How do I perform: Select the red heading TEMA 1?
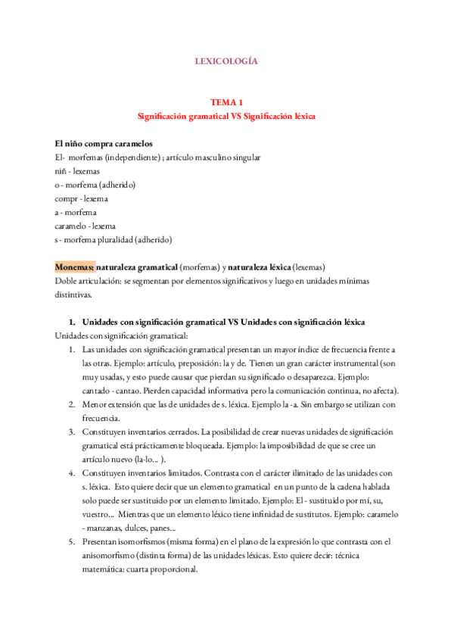(226, 102)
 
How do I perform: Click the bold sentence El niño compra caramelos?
(104, 143)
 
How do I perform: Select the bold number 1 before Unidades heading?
(72, 323)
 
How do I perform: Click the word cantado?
(98, 391)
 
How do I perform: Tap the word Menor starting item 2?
(95, 405)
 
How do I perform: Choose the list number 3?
(71, 432)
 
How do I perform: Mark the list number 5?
(71, 542)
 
